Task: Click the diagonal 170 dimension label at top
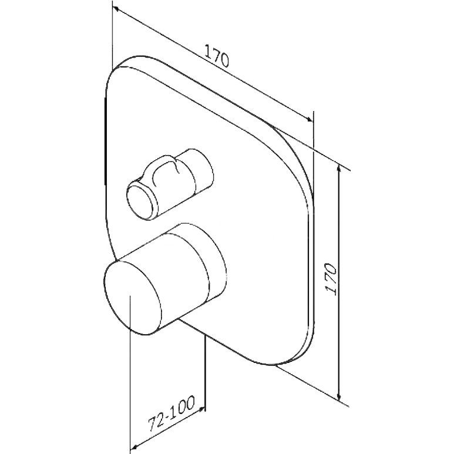click(x=217, y=56)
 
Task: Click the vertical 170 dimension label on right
click(x=331, y=279)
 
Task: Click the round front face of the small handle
click(x=140, y=201)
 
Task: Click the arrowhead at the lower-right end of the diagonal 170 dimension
click(x=309, y=119)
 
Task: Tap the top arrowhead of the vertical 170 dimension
click(x=339, y=168)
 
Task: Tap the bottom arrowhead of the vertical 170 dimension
click(x=339, y=396)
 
